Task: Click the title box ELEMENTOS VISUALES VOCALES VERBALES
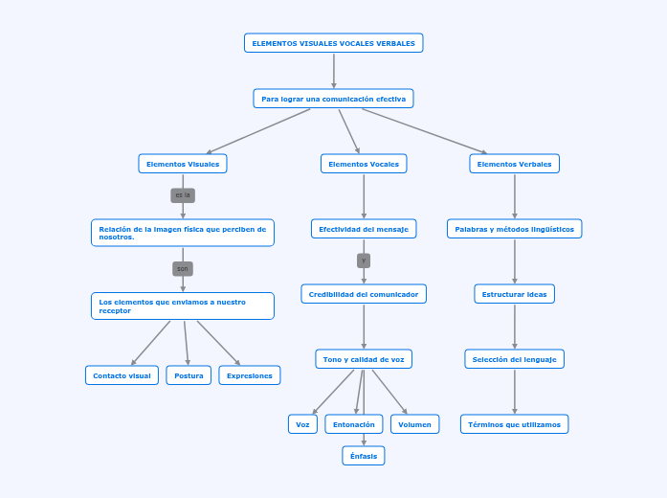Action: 333,43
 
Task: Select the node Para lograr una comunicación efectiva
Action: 333,99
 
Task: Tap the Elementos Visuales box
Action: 183,164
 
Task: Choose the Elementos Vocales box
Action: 364,164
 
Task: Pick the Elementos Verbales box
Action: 515,164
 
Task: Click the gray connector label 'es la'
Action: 183,195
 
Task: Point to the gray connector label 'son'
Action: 183,269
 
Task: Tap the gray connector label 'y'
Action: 364,260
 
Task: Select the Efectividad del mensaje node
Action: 364,229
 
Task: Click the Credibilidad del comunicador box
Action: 364,294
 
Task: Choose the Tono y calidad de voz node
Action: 364,359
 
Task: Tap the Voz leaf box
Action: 302,424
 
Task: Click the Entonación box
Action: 354,424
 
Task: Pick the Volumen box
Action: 415,424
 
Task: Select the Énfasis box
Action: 364,456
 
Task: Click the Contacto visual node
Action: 122,375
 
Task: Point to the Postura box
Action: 189,375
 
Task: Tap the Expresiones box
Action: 250,375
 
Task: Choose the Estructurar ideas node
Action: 515,294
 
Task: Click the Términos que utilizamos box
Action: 515,424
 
